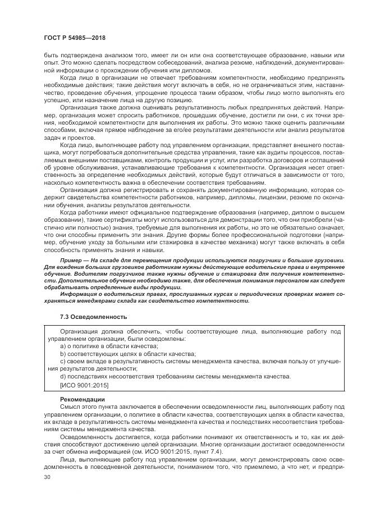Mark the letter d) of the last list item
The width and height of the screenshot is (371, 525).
tap(63, 376)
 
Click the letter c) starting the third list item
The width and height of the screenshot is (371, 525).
tap(63, 362)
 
